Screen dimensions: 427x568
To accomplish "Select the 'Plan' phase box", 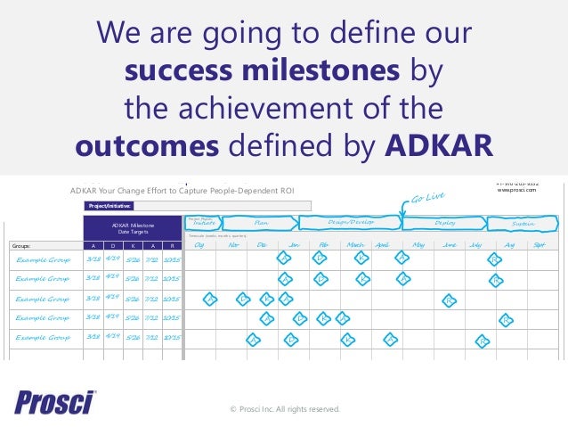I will coord(262,223).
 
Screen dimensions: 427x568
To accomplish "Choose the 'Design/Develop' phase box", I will coord(350,223).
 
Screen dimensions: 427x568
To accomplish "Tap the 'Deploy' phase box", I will coord(445,223).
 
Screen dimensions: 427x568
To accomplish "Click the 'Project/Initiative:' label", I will coord(110,204).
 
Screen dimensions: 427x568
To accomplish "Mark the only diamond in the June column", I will coord(450,300).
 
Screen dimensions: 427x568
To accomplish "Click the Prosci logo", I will coord(54,403).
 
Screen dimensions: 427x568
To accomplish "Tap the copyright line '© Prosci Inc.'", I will coord(284,409).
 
